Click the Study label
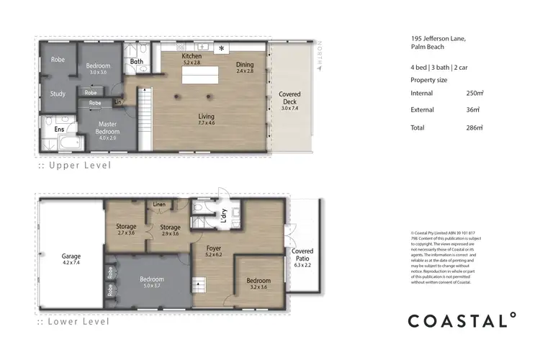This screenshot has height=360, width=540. [x=58, y=94]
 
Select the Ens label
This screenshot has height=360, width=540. [x=60, y=130]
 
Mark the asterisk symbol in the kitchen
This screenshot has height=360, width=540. [x=221, y=48]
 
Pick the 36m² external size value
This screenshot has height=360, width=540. [x=473, y=109]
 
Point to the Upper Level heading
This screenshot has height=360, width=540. [x=75, y=166]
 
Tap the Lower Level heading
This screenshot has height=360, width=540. [x=75, y=322]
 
